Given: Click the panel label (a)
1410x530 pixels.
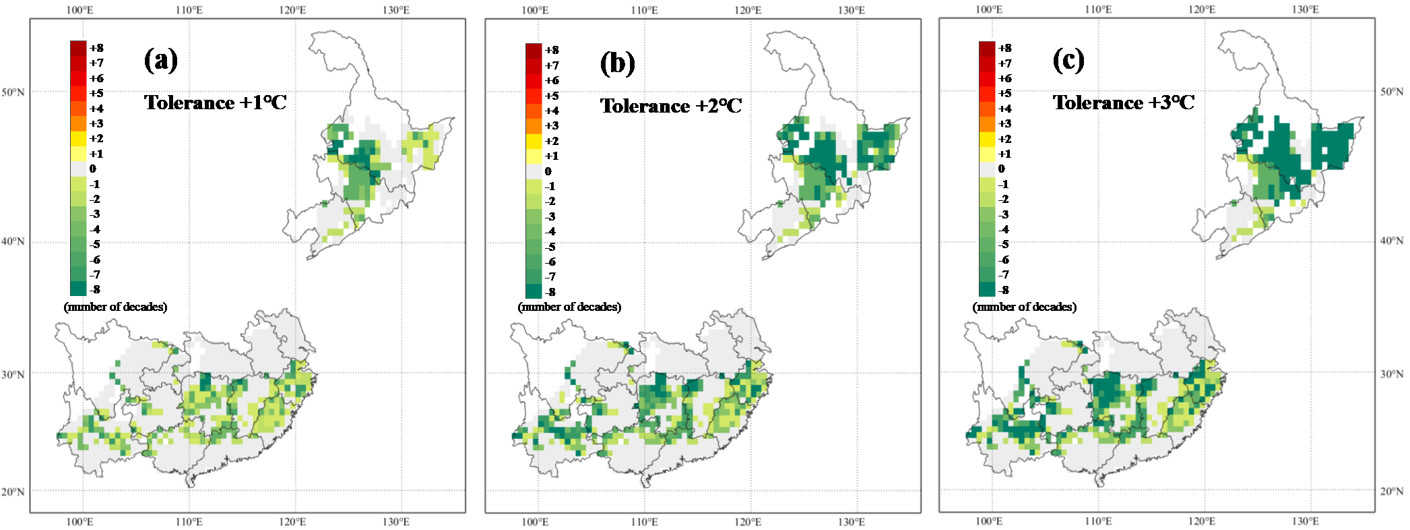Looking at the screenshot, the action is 161,60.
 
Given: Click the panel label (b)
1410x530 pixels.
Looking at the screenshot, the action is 617,63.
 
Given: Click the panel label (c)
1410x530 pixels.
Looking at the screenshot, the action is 1068,60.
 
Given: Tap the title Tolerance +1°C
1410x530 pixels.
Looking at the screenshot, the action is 215,102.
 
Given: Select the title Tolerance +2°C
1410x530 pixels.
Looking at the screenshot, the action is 671,106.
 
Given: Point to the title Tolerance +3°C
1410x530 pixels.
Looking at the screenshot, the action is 1124,102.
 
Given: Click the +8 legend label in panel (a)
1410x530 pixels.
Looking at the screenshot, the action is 96,48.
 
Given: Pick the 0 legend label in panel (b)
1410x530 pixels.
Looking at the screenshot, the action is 548,171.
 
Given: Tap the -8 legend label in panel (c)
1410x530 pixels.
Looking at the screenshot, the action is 1004,290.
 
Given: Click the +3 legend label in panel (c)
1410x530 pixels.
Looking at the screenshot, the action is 1004,123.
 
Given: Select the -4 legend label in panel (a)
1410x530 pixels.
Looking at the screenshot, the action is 95,229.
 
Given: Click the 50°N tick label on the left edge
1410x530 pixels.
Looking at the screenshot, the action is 13,92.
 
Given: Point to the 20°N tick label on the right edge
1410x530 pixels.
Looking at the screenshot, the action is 1392,491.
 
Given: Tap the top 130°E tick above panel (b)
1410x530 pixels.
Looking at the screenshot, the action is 851,10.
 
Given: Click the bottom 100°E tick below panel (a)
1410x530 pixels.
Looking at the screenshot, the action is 79,521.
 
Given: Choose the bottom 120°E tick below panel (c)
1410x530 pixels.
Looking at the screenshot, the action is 1202,521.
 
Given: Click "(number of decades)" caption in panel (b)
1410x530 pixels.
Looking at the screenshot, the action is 570,307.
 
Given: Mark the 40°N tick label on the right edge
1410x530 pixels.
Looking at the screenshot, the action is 1392,241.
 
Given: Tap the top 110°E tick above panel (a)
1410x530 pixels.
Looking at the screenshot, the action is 189,10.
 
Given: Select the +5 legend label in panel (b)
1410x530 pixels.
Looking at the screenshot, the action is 552,96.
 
